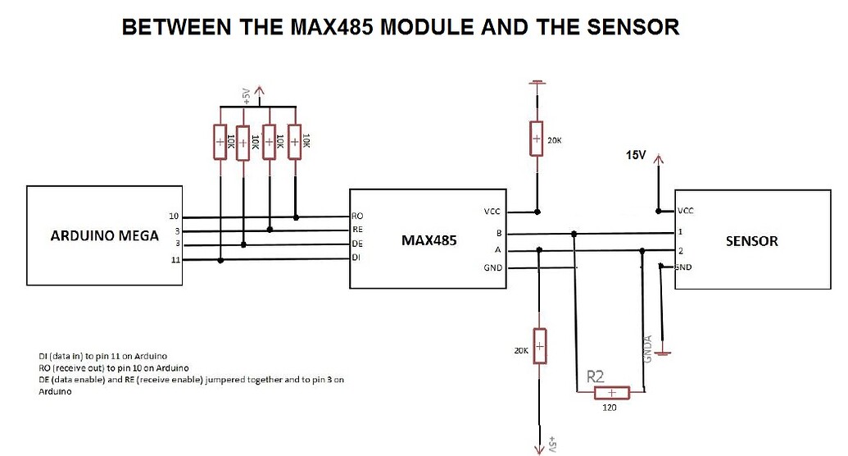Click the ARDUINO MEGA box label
coord(104,237)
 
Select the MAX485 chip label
coord(429,241)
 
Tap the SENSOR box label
coord(751,241)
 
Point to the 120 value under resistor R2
coord(610,408)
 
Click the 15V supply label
coord(637,155)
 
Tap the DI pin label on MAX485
coord(356,258)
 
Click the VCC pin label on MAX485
coord(492,212)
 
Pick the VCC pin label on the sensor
coord(685,211)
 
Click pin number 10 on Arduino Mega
coord(173,217)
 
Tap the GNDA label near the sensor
coord(648,349)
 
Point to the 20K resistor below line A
coord(539,348)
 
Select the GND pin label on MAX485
coord(492,268)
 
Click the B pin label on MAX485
coord(498,234)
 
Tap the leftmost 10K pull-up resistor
coord(220,141)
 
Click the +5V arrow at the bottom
coord(540,447)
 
